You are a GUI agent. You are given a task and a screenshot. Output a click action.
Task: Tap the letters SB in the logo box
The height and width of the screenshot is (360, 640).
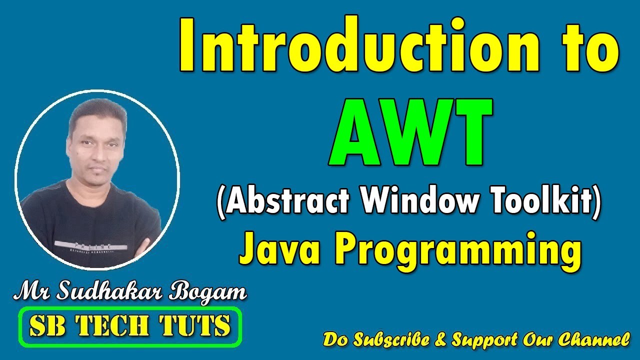pos(44,326)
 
